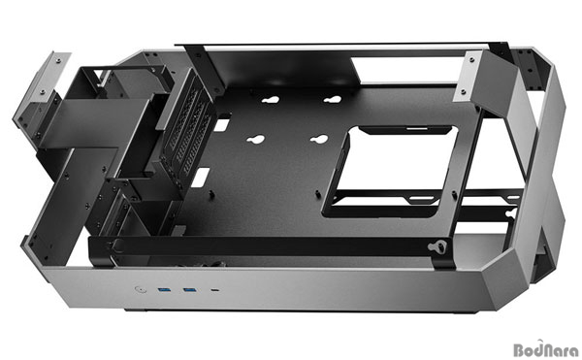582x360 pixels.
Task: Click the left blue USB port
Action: click(164, 289)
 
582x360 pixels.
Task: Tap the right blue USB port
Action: click(189, 289)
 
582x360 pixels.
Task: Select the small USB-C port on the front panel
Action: click(215, 289)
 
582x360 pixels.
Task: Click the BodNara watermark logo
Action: click(545, 349)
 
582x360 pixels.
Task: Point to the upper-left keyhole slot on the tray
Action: click(271, 100)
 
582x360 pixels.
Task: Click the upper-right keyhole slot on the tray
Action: click(332, 100)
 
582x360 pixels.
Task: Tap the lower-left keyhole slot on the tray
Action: click(256, 139)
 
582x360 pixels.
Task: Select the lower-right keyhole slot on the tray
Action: click(319, 139)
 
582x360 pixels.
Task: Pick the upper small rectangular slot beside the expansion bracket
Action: click(221, 125)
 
